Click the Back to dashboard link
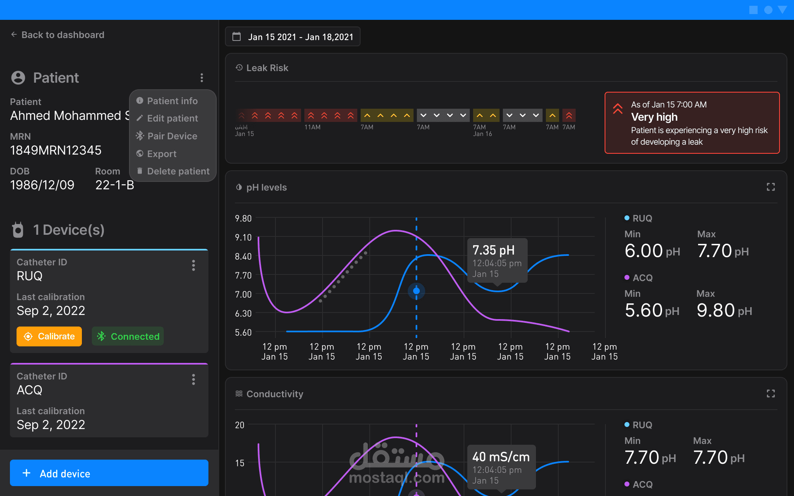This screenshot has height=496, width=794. pyautogui.click(x=57, y=35)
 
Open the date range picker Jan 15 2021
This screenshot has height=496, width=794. pyautogui.click(x=292, y=37)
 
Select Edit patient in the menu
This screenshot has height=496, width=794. pyautogui.click(x=172, y=118)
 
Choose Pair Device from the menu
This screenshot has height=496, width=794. pyautogui.click(x=172, y=136)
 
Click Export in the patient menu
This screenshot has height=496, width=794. pyautogui.click(x=162, y=154)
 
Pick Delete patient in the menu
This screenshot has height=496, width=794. pyautogui.click(x=178, y=171)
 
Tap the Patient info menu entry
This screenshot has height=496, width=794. pyautogui.click(x=172, y=101)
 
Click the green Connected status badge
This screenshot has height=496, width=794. pyautogui.click(x=128, y=336)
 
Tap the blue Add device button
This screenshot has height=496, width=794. pyautogui.click(x=109, y=473)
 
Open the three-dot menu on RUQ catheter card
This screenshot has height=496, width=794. pyautogui.click(x=194, y=265)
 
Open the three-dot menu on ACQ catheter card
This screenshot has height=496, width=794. pyautogui.click(x=194, y=379)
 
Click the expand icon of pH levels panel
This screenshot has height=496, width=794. pyautogui.click(x=771, y=187)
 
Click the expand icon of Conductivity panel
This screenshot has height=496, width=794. pyautogui.click(x=771, y=393)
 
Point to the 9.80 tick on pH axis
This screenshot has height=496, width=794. pyautogui.click(x=243, y=218)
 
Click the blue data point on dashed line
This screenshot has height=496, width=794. pyautogui.click(x=416, y=291)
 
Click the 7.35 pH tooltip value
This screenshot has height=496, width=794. pyautogui.click(x=493, y=250)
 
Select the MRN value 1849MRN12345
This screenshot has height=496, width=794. pyautogui.click(x=56, y=150)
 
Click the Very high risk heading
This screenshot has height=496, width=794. pyautogui.click(x=654, y=117)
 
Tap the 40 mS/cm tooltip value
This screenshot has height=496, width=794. pyautogui.click(x=501, y=457)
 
